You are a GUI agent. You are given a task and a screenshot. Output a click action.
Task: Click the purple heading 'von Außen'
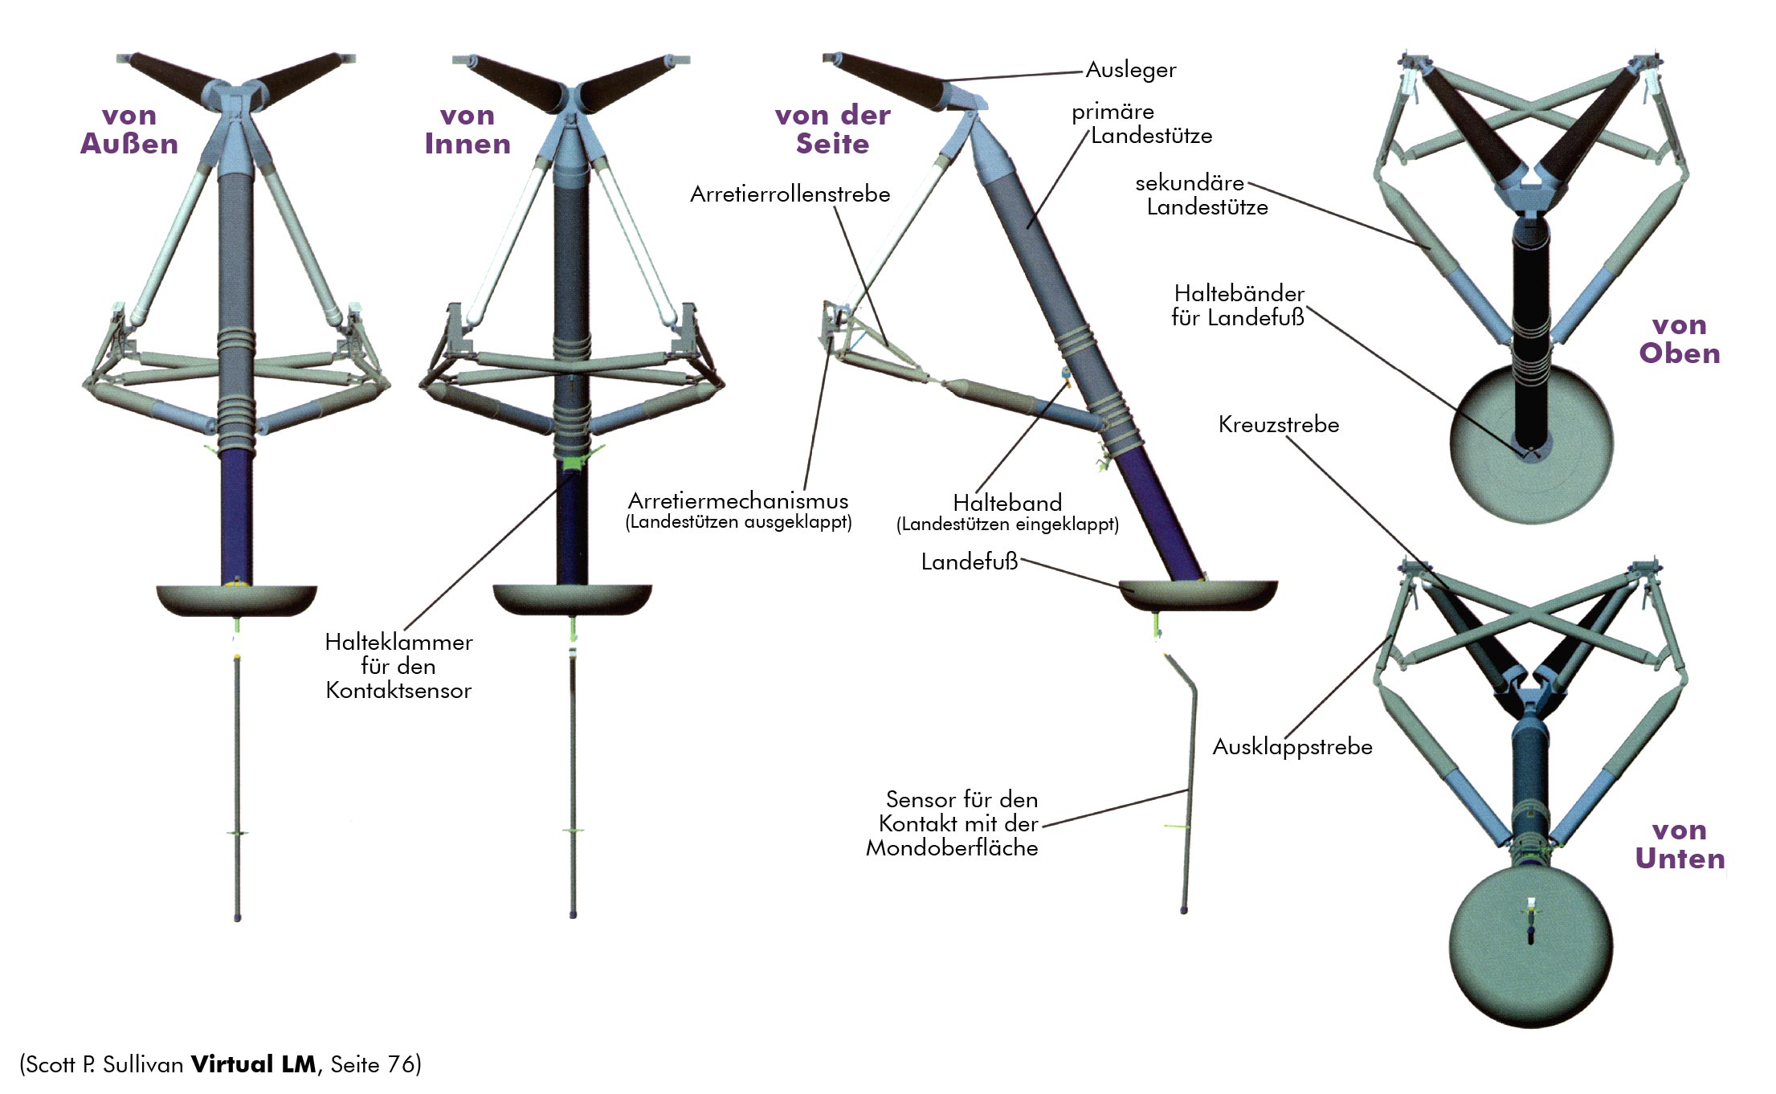(129, 130)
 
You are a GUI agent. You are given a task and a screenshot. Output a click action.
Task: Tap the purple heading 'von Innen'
(467, 130)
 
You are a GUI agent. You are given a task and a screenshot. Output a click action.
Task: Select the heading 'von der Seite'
(832, 130)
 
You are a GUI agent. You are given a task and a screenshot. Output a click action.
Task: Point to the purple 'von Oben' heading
(1679, 339)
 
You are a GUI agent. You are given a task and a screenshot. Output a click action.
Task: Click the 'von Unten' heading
(1679, 844)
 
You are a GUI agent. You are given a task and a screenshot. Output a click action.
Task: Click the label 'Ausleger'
(1130, 70)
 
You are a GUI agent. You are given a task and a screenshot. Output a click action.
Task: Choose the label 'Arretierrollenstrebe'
(790, 194)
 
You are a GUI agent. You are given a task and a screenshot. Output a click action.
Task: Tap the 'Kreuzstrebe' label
(1278, 424)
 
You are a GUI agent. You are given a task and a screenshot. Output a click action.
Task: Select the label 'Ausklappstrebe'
(1292, 747)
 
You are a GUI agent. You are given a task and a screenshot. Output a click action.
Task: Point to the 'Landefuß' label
(969, 561)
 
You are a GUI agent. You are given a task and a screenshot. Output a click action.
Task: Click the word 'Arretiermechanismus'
(737, 501)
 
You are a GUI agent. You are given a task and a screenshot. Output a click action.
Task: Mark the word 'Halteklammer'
(398, 643)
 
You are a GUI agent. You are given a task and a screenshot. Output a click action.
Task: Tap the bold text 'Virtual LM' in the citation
(253, 1064)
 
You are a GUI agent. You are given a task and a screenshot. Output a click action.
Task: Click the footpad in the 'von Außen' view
(236, 599)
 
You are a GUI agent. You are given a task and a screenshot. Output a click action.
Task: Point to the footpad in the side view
(1197, 594)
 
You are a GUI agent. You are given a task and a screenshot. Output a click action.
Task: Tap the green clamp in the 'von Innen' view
(573, 462)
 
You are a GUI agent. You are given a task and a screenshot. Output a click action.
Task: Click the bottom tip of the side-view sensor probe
(1184, 910)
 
